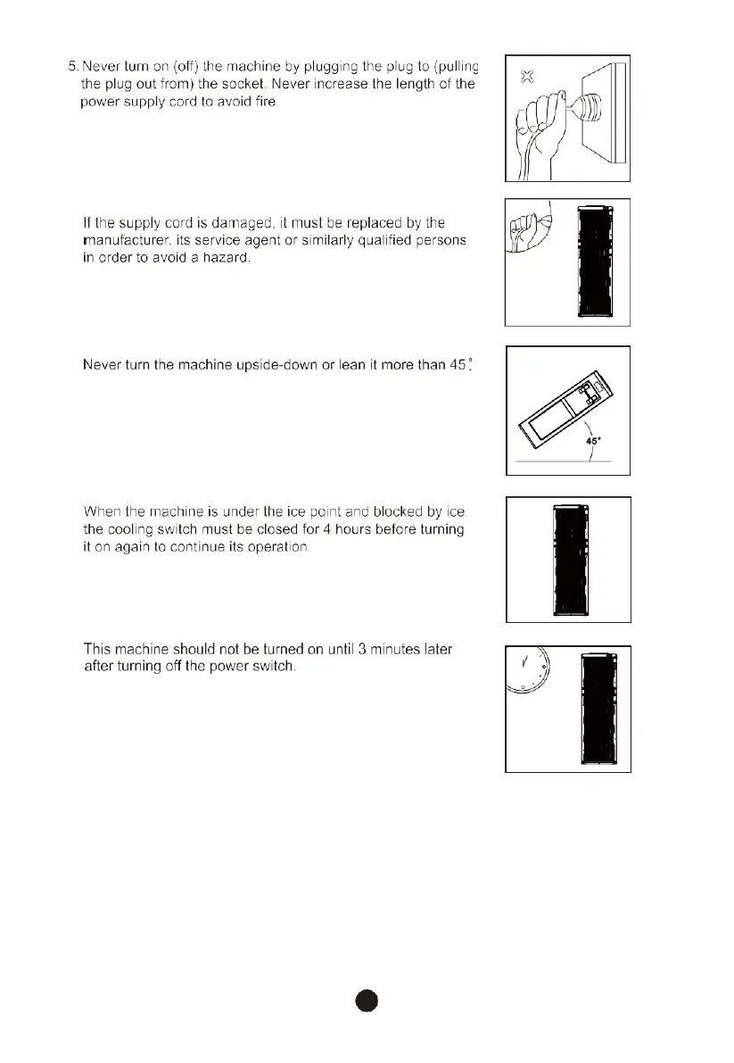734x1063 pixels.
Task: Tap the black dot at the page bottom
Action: [x=366, y=1000]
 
